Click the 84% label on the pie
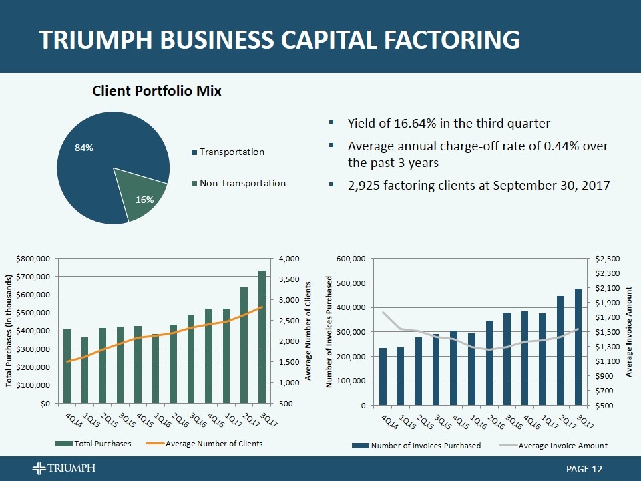point(83,148)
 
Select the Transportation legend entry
point(232,152)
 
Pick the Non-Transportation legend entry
point(242,183)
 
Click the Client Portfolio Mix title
point(157,91)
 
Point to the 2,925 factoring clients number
point(365,185)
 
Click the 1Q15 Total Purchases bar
point(85,370)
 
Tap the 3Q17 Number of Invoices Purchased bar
point(578,347)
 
